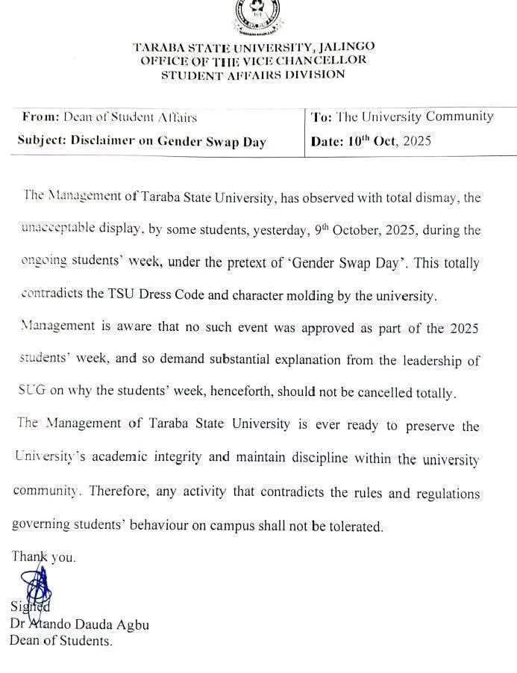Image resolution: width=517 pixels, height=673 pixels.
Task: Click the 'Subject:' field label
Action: pos(43,141)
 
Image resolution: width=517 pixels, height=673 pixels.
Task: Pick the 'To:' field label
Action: pos(322,117)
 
